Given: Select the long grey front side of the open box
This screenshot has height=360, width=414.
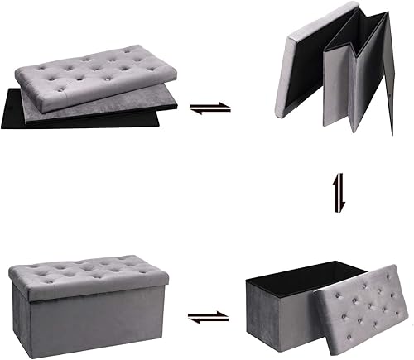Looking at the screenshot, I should point(277,323).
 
